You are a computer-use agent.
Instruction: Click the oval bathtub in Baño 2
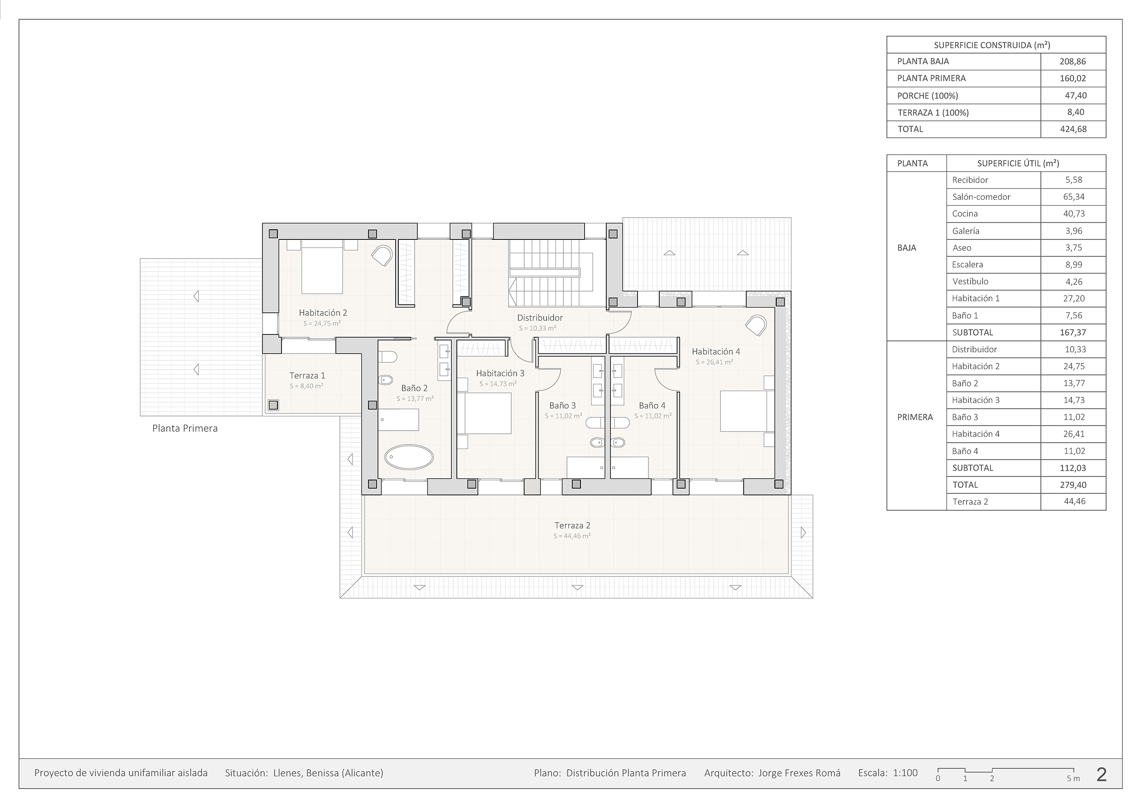[409, 457]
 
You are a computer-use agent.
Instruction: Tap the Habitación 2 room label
[323, 313]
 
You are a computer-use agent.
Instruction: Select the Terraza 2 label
[572, 525]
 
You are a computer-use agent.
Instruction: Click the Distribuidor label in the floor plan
[540, 318]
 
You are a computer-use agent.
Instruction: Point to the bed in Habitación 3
[484, 413]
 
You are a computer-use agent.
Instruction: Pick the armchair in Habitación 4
[756, 325]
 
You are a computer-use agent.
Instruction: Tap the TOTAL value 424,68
[1073, 129]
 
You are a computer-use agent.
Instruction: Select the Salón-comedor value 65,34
[1074, 197]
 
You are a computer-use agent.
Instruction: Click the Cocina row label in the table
[965, 214]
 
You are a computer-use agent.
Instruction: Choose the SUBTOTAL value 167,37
[1073, 333]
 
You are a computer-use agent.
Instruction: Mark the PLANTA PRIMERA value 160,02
[1073, 78]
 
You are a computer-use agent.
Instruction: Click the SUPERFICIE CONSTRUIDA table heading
[992, 45]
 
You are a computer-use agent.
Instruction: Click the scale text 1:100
[905, 773]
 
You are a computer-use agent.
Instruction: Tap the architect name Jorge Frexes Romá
[799, 773]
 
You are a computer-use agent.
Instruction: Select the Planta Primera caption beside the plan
[185, 428]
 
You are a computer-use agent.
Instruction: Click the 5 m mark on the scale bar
[1073, 778]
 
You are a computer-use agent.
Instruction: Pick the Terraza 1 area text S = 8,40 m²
[306, 386]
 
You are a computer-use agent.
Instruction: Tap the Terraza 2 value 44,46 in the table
[1074, 501]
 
